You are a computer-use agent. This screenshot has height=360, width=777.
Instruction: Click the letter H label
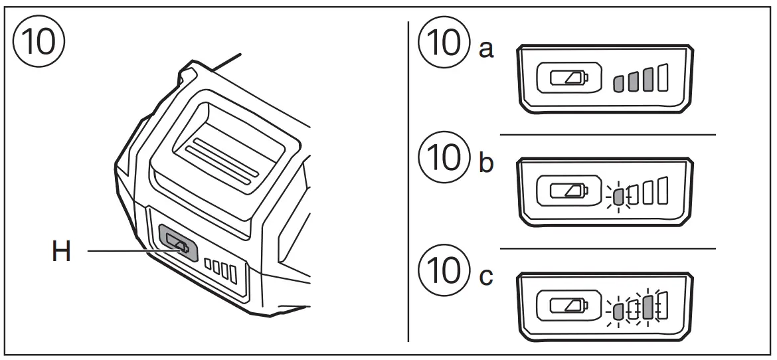pyautogui.click(x=61, y=252)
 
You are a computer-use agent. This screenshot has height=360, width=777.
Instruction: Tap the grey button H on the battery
pyautogui.click(x=179, y=244)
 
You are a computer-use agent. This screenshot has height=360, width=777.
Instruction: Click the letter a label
pyautogui.click(x=487, y=50)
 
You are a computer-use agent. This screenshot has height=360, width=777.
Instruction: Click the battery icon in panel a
pyautogui.click(x=568, y=79)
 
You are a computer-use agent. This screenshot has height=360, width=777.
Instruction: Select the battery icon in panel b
pyautogui.click(x=568, y=193)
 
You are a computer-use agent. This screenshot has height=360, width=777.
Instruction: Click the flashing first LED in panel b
pyautogui.click(x=618, y=197)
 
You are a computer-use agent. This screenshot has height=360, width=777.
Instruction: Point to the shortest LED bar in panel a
pyautogui.click(x=618, y=83)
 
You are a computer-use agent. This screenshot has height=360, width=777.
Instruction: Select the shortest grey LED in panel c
pyautogui.click(x=618, y=311)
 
